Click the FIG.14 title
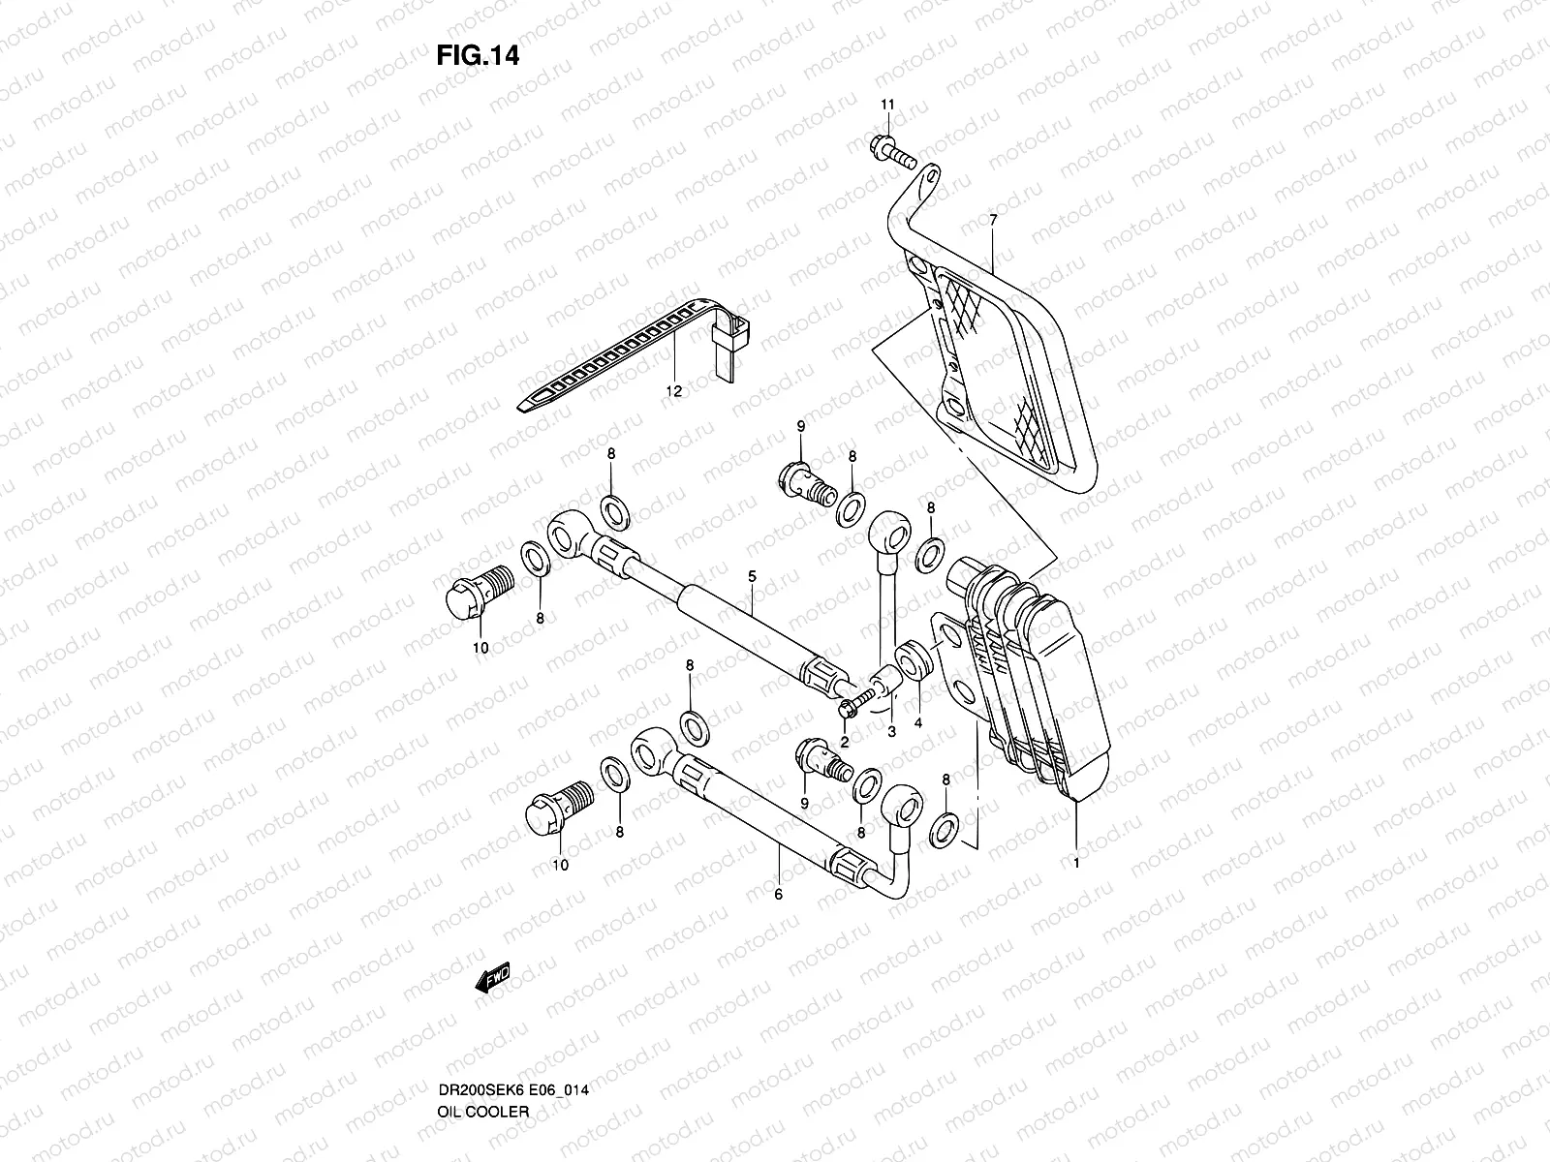coord(478,56)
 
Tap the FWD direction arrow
coord(492,981)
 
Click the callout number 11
coord(888,105)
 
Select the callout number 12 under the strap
coord(673,391)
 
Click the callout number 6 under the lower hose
coord(778,895)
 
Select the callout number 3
coord(891,732)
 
